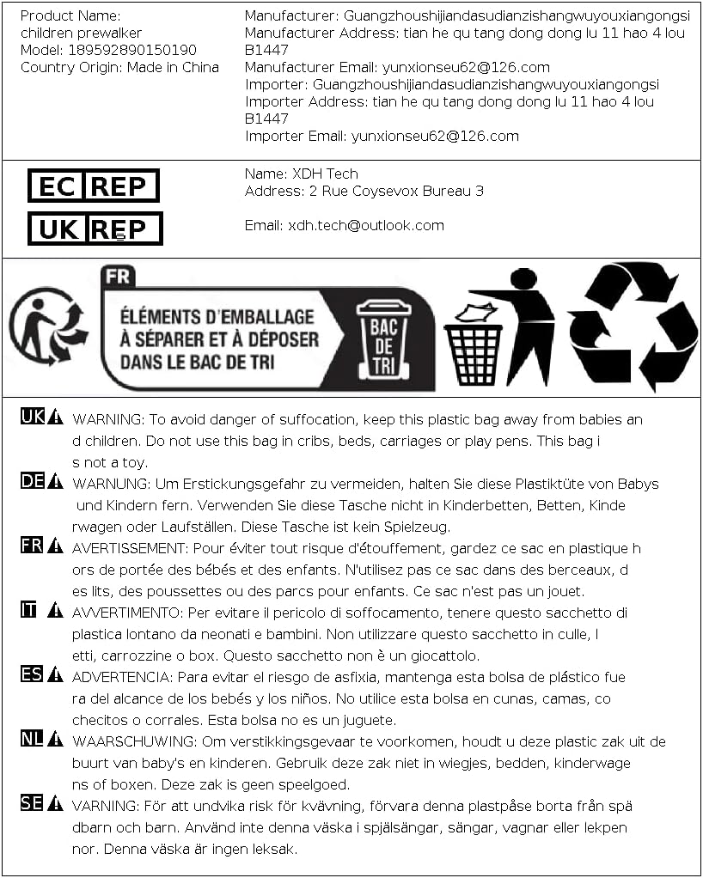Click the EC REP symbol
94,186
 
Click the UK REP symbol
95,229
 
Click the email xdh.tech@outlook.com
366,225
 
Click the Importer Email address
434,136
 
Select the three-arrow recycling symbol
632,325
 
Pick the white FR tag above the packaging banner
117,277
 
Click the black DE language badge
33,481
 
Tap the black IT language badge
29,610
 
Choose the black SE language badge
32,803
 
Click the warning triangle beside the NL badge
55,739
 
